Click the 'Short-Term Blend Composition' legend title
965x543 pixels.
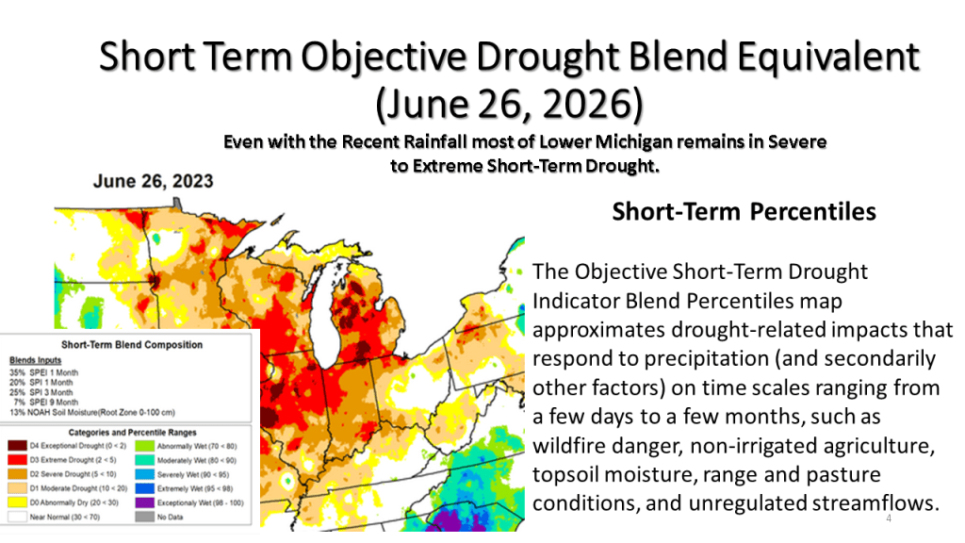[x=131, y=345]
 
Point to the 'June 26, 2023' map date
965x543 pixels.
[x=153, y=180]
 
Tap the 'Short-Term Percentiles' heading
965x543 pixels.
[x=744, y=211]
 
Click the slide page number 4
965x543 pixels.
[x=889, y=519]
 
